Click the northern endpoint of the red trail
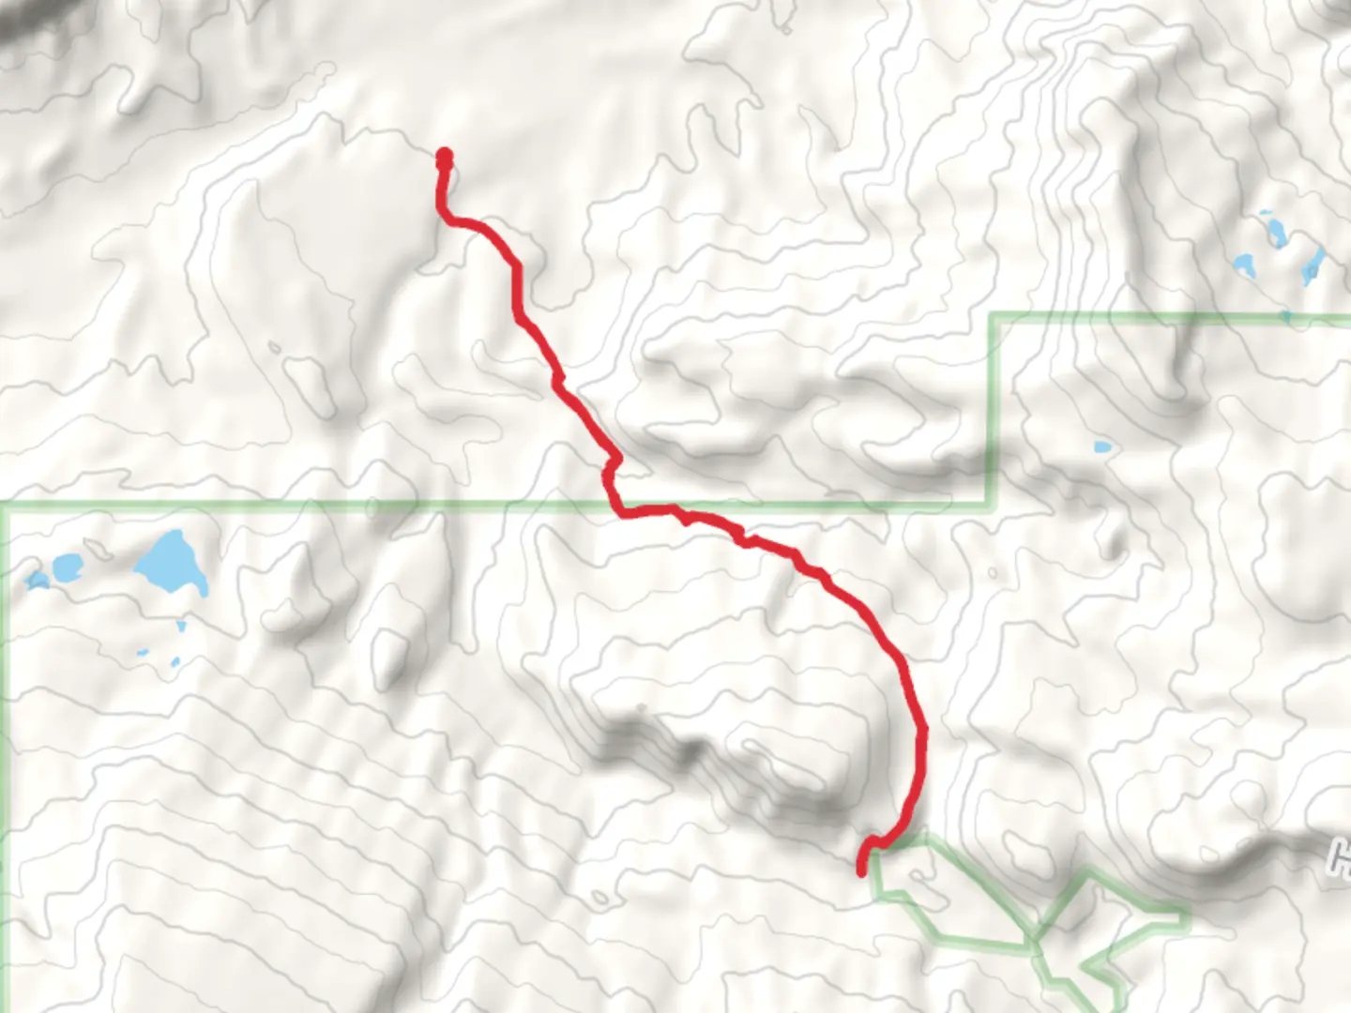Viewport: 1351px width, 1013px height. pos(444,155)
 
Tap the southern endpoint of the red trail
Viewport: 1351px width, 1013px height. pos(862,872)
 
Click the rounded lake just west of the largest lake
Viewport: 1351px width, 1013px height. pos(67,566)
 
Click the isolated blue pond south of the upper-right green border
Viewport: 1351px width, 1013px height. pos(1102,447)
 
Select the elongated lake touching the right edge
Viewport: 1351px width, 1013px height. pos(1313,266)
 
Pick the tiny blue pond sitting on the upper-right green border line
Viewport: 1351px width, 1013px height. pos(1284,318)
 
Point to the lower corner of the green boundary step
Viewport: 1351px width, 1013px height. pos(991,505)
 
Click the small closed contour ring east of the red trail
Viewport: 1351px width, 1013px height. pos(992,573)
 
